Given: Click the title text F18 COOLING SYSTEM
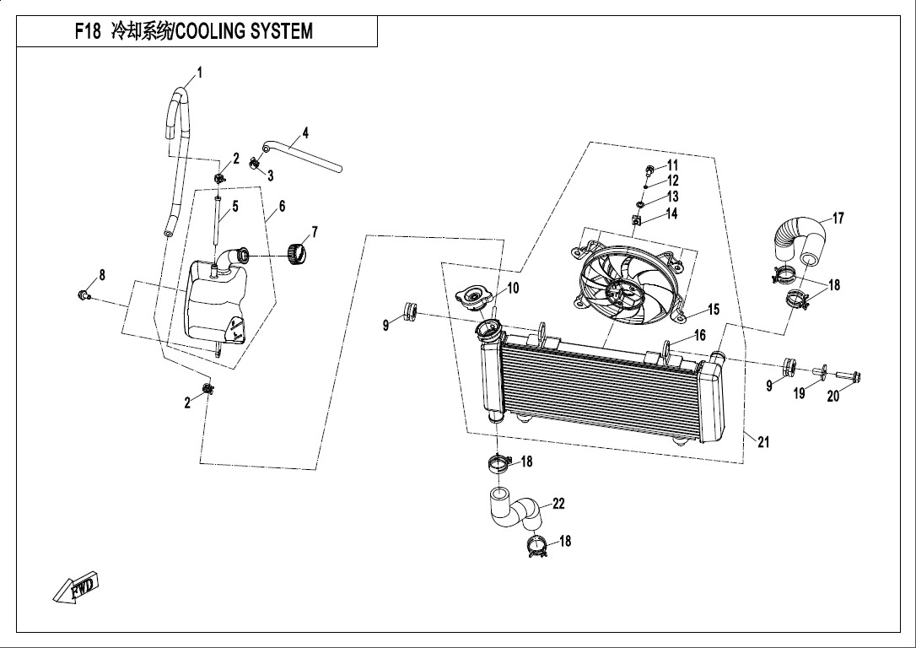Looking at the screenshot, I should (193, 32).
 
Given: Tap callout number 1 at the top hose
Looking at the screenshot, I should (199, 72).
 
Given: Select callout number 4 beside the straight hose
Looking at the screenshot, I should (305, 133).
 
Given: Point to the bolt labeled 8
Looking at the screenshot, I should (83, 294).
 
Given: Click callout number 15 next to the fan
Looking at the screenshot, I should (714, 310).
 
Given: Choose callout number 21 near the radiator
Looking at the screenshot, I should (763, 442).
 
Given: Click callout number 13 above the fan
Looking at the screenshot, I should (672, 197).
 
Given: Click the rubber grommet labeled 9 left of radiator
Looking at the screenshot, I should (412, 310).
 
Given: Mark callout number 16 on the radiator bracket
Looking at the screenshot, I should (699, 336).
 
